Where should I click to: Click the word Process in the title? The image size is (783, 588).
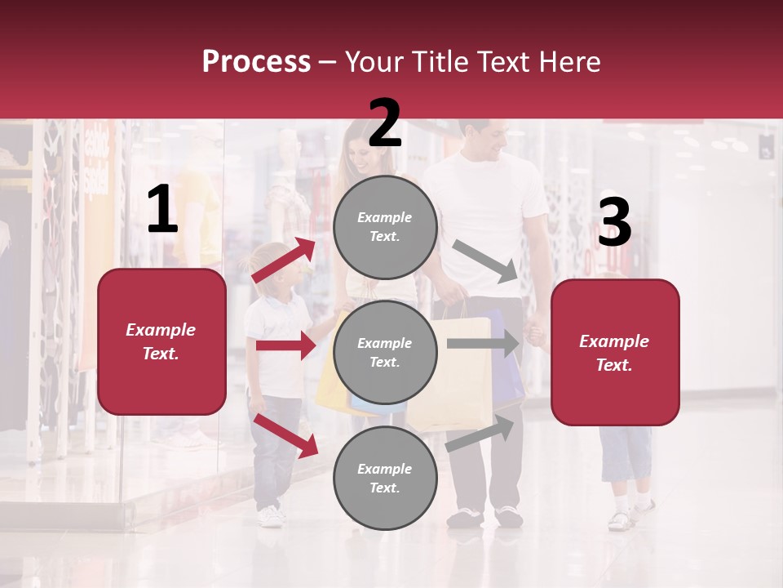256,61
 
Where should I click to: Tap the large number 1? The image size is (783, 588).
162,210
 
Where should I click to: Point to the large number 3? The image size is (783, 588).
614,222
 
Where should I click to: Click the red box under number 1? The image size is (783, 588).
161,341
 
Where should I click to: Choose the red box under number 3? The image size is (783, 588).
615,352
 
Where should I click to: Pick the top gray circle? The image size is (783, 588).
385,227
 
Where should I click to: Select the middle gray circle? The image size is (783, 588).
385,352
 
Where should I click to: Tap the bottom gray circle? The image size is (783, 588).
385,478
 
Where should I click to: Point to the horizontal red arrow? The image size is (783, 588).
285,345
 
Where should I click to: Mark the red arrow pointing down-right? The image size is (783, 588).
286,435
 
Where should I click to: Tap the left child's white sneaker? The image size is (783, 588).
269,516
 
